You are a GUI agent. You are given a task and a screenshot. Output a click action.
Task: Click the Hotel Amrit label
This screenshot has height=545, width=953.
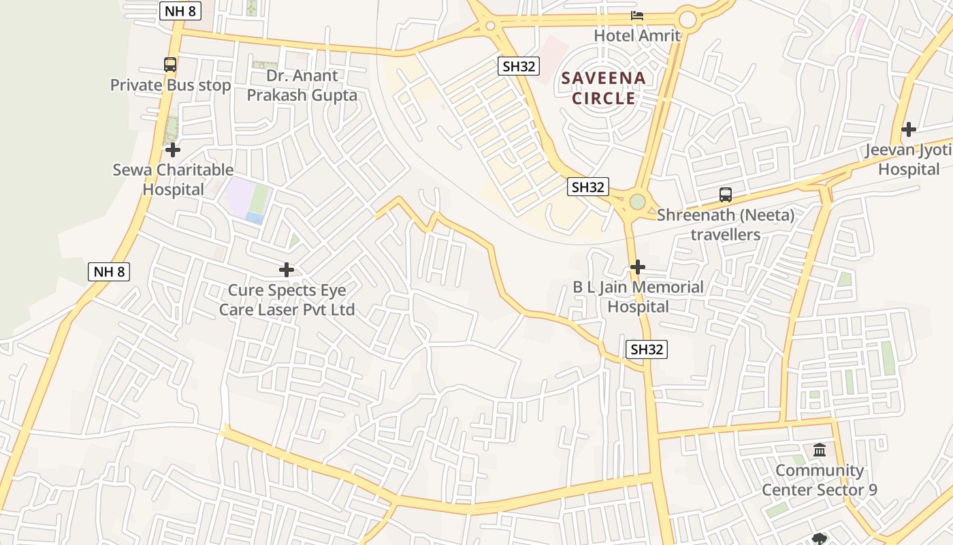637,35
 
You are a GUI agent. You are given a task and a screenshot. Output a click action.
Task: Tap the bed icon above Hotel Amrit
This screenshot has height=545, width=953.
637,15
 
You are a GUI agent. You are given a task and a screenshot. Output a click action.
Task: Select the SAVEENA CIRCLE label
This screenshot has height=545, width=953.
604,88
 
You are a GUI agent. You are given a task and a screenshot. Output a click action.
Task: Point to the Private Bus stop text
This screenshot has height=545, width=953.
170,85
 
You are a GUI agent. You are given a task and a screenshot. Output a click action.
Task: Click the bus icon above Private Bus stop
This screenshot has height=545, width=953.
170,65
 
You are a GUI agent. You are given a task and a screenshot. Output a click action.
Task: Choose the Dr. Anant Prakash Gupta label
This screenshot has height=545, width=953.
302,85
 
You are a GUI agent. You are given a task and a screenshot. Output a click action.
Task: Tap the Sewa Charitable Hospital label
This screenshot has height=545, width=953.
173,179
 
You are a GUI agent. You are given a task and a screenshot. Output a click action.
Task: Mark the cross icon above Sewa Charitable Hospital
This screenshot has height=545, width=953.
173,149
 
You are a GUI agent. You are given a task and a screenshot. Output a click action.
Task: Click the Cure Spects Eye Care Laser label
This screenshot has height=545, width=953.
287,300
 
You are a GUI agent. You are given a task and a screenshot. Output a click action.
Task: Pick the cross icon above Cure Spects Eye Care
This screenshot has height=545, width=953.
287,270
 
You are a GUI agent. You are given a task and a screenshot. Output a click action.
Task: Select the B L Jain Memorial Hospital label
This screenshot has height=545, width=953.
638,296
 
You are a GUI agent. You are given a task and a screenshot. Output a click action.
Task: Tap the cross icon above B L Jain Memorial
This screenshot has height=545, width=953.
638,266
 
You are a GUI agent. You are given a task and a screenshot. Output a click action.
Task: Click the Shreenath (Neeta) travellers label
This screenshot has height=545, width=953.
726,225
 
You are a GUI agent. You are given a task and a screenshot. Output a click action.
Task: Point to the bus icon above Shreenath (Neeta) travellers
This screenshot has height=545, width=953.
726,195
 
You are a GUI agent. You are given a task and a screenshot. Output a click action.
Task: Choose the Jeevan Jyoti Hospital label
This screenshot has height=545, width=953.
909,159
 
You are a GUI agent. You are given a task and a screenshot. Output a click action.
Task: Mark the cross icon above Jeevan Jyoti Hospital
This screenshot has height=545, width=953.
909,129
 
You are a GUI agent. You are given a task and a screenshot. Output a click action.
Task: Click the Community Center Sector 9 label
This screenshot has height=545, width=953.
820,480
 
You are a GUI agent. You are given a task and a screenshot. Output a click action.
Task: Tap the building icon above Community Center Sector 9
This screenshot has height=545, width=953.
820,450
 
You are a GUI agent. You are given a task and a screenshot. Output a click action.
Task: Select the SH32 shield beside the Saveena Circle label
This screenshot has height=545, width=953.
519,66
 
